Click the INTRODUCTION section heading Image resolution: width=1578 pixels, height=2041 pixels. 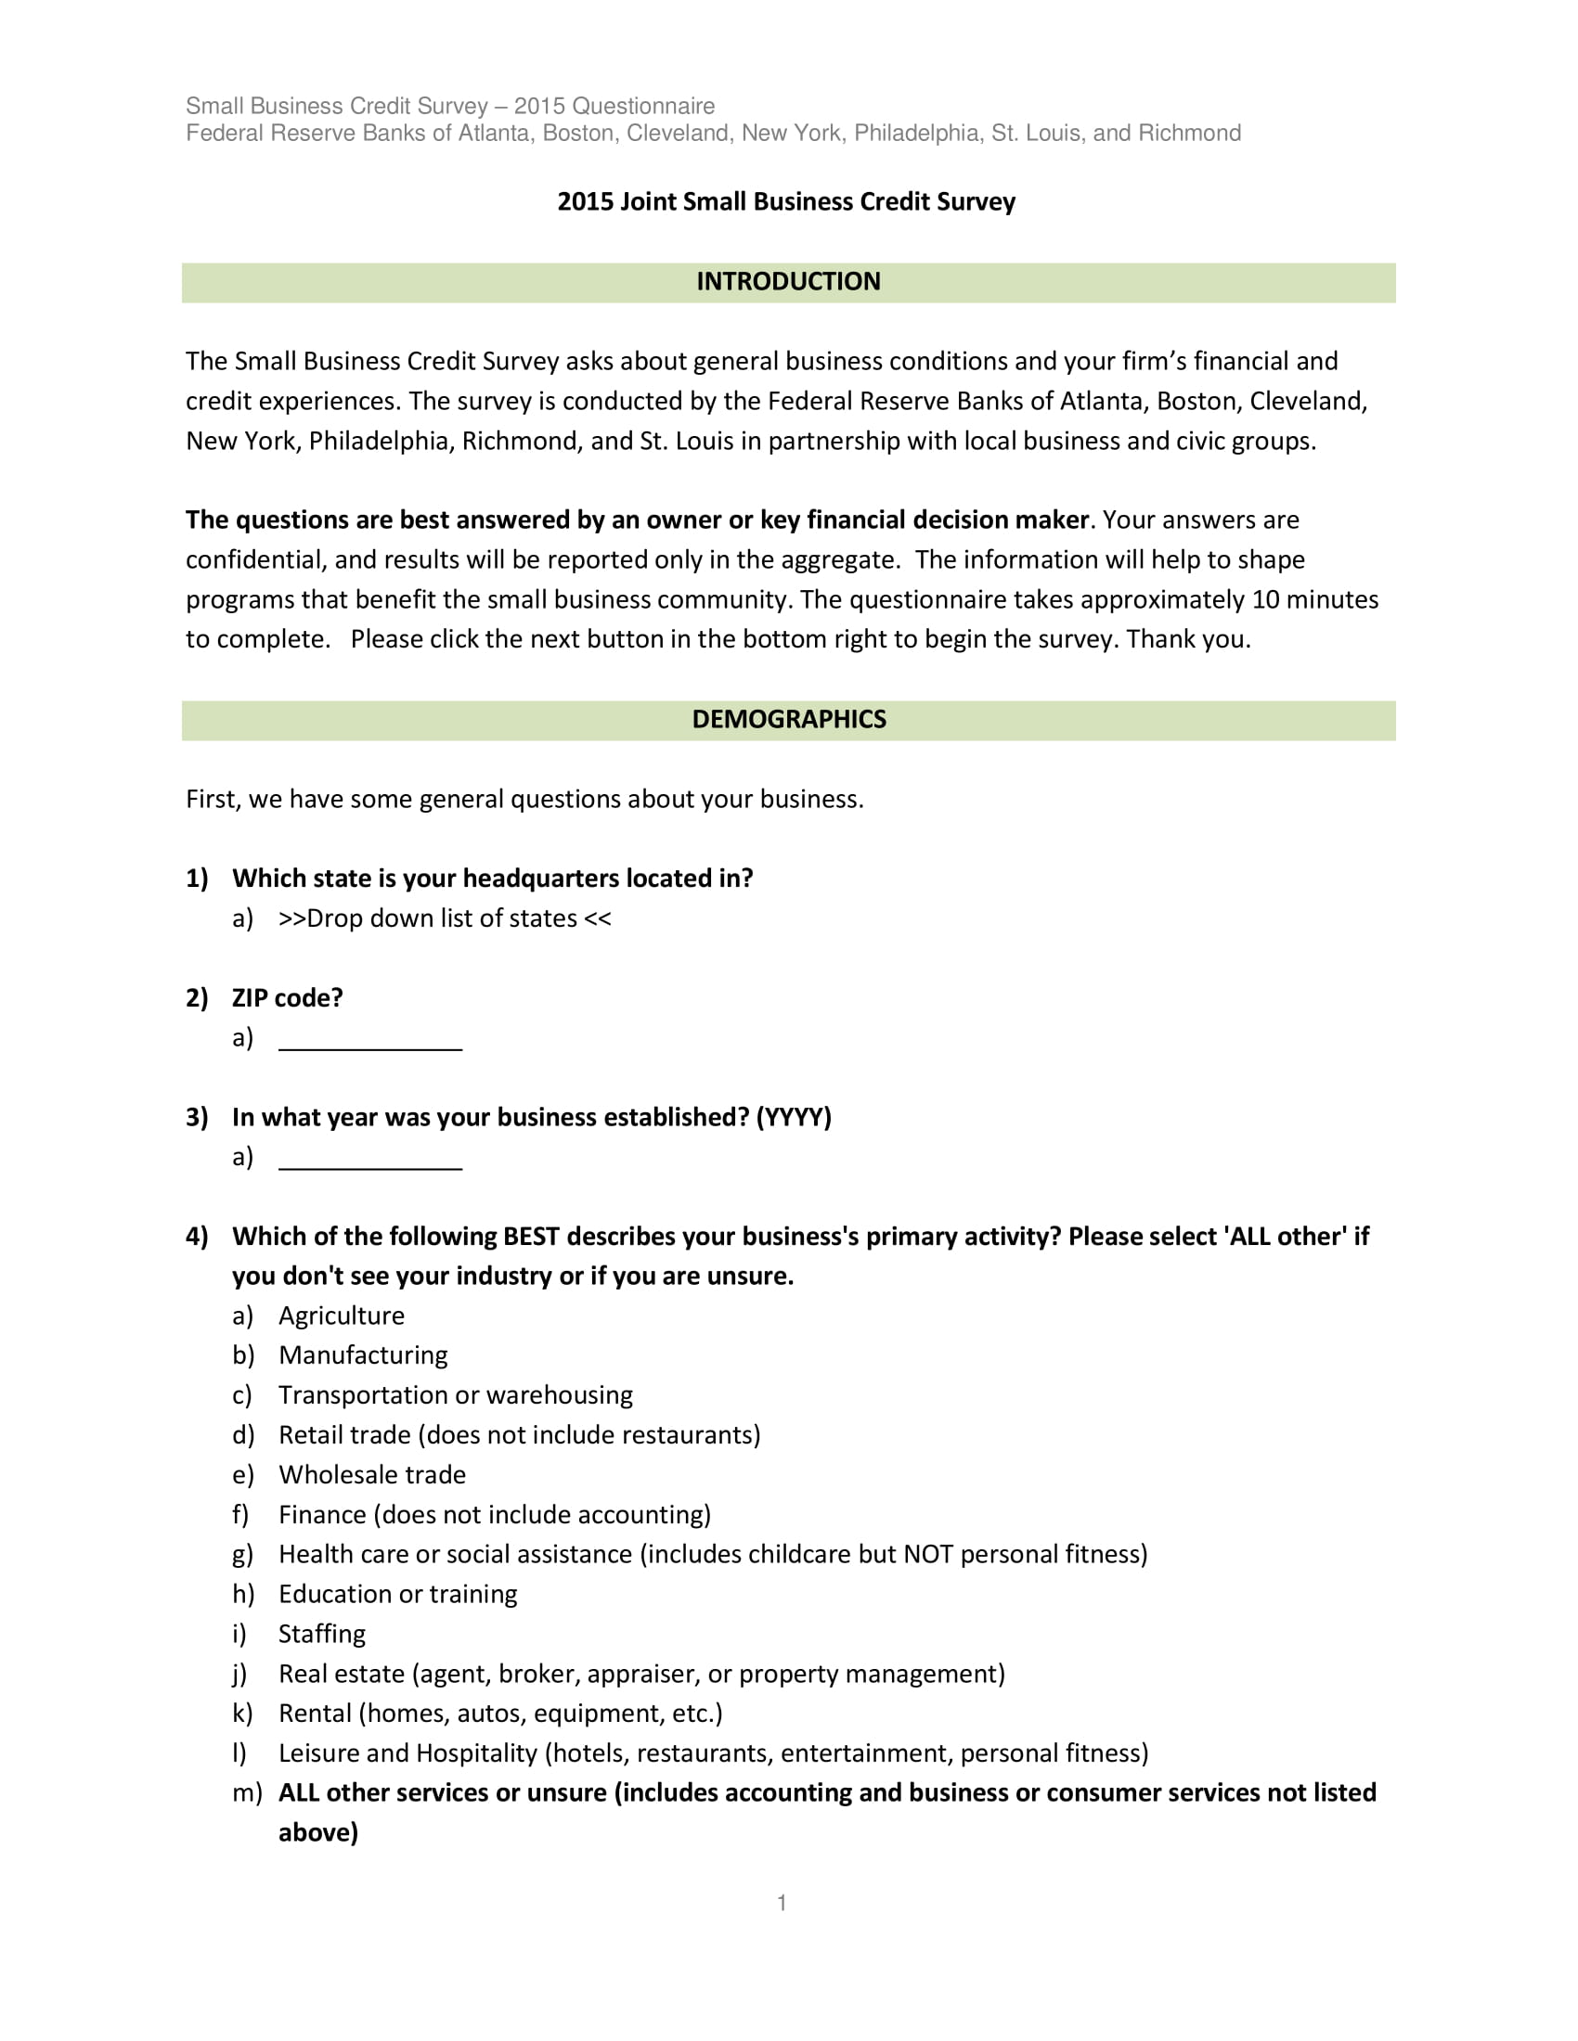[788, 281]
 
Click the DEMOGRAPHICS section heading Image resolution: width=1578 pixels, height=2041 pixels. [788, 719]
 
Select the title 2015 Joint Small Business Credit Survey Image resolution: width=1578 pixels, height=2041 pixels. [786, 202]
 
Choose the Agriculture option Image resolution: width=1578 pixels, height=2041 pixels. [342, 1316]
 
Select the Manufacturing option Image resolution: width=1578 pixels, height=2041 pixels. [363, 1355]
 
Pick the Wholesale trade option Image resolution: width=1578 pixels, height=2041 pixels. [372, 1475]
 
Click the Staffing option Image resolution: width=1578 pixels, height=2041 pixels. [321, 1634]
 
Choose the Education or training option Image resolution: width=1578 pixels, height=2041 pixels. [397, 1593]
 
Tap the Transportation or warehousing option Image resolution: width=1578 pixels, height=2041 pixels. [455, 1395]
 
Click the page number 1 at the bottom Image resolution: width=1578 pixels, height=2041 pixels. [782, 1903]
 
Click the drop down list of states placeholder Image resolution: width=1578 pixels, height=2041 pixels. [445, 918]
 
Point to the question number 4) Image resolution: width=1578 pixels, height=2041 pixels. [196, 1237]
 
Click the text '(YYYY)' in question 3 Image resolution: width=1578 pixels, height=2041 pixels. [793, 1117]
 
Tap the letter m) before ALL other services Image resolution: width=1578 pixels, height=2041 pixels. [247, 1792]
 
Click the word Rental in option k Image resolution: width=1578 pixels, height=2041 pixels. [315, 1713]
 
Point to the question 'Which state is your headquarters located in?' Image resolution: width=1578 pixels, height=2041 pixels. [492, 879]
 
